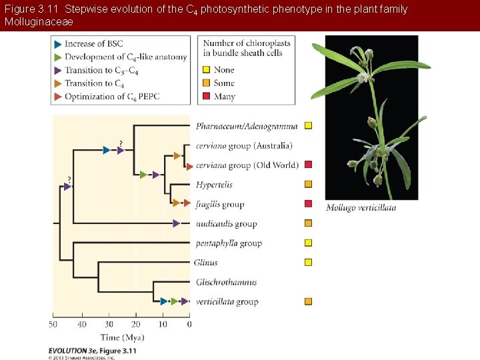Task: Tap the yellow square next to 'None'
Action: [x=207, y=69]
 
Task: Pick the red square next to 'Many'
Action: [x=207, y=97]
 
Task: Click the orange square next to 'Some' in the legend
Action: [x=207, y=83]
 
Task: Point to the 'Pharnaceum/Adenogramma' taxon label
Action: [x=245, y=126]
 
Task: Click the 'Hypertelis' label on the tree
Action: [x=215, y=185]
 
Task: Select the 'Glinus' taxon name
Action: [x=206, y=263]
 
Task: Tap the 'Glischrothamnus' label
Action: [x=226, y=282]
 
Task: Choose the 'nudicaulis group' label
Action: [x=226, y=224]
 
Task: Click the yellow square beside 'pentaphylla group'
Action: [x=308, y=243]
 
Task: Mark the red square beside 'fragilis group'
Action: [x=308, y=204]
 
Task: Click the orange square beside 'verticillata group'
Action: [x=308, y=301]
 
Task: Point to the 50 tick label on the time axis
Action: [x=53, y=325]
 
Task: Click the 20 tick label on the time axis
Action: [x=135, y=325]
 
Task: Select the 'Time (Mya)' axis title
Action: [x=122, y=337]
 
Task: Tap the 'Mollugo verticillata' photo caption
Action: [x=361, y=208]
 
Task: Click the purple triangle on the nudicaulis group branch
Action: [x=177, y=223]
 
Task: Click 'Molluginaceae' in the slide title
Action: [x=38, y=22]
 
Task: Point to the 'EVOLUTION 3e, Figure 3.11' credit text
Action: [x=92, y=351]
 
